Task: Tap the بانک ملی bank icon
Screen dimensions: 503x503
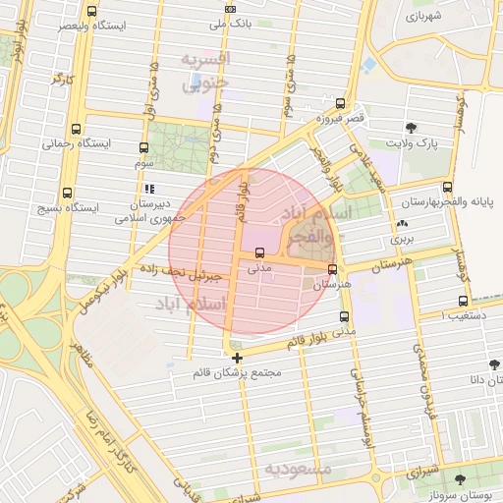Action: point(230,9)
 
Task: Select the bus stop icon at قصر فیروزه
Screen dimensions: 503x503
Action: point(340,103)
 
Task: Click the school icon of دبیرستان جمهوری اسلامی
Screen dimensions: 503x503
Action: point(148,189)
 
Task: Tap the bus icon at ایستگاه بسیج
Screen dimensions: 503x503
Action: point(67,194)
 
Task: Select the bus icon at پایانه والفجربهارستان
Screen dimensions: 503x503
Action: point(448,187)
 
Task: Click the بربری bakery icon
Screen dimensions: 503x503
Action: point(402,224)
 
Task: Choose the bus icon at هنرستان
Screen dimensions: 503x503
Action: point(332,268)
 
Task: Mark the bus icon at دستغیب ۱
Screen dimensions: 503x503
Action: point(463,302)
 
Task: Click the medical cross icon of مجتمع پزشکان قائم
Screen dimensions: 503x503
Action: point(237,358)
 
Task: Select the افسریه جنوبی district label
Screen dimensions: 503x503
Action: point(203,71)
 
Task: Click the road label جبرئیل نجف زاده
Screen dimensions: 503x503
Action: point(199,272)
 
